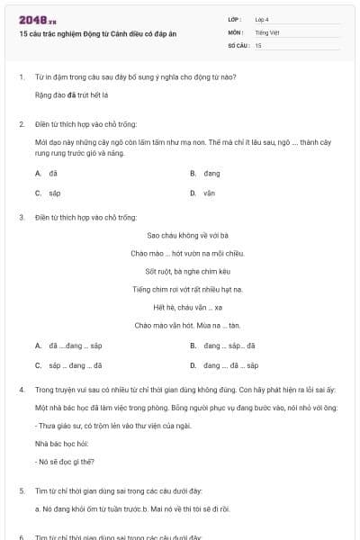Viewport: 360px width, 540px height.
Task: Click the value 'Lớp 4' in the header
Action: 263,18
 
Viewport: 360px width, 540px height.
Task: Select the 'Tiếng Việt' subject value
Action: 266,31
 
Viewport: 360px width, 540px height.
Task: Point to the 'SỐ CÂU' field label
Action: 238,44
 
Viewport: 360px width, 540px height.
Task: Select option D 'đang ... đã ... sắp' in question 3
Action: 230,366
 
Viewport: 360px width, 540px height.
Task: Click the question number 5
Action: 22,490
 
